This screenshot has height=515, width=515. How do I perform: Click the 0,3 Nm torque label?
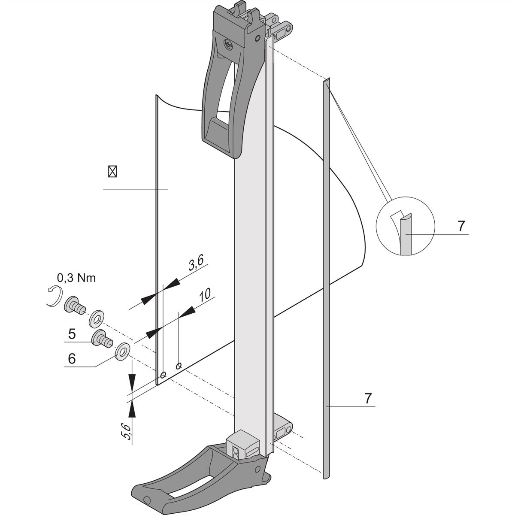[76, 278]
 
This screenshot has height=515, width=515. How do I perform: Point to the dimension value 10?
[205, 295]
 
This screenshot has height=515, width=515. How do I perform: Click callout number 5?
[72, 333]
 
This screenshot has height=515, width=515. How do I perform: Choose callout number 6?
[72, 358]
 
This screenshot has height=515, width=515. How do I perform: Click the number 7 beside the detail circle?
[461, 226]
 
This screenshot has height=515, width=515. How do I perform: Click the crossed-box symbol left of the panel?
[112, 171]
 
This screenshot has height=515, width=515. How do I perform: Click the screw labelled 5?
[102, 339]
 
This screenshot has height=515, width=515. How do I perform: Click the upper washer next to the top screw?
[97, 319]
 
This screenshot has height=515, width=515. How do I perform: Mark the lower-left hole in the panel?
[163, 376]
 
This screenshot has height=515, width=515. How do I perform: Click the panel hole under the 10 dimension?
[179, 365]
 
